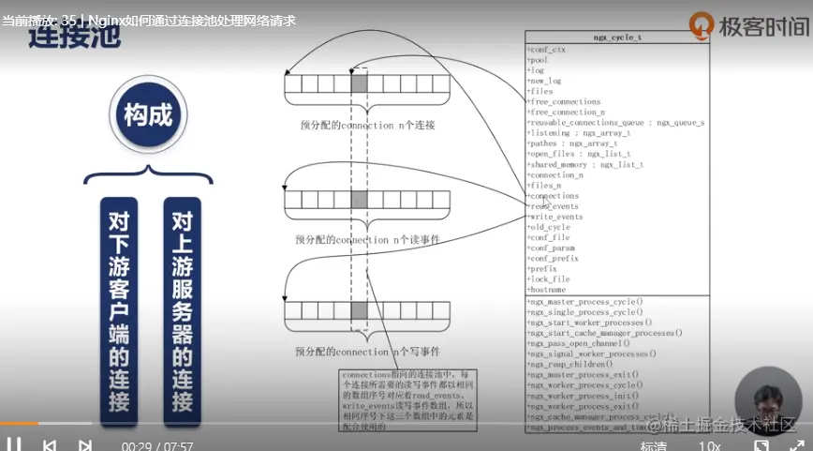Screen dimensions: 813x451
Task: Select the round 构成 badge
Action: point(148,116)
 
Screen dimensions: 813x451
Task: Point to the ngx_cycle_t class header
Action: point(617,38)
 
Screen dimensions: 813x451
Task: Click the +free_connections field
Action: point(565,102)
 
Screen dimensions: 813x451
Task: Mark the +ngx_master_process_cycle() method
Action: point(585,302)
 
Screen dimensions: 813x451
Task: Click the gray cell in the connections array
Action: point(360,84)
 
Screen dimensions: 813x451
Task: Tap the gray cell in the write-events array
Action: point(360,311)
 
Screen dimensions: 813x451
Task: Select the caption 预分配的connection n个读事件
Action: point(367,240)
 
